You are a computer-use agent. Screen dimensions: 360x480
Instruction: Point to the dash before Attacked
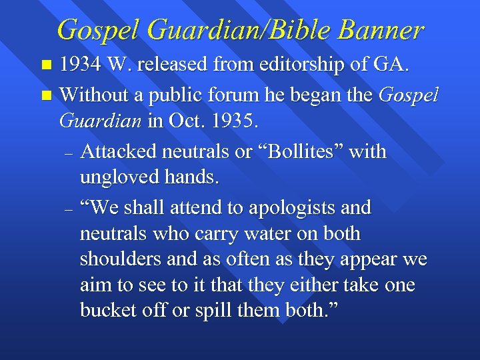pyautogui.click(x=68, y=153)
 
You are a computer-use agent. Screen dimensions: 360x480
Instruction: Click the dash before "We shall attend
pyautogui.click(x=68, y=209)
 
